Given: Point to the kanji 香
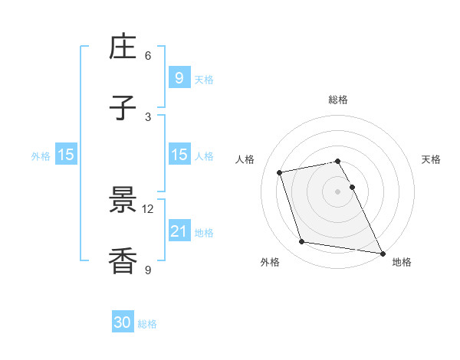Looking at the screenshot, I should (x=123, y=261).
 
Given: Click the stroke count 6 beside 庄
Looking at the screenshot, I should (x=148, y=55).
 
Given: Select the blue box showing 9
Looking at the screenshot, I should (x=179, y=77).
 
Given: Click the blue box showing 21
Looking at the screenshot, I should (x=179, y=231).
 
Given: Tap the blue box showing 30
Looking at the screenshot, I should (x=123, y=322).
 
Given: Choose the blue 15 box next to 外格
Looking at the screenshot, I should (x=66, y=155).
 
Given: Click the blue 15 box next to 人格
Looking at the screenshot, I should (x=179, y=155).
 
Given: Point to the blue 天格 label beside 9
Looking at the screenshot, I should (x=204, y=79).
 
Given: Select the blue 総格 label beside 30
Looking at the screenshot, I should (x=148, y=324).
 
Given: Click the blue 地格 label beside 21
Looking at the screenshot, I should (x=204, y=233).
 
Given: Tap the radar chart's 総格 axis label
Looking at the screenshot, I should (x=338, y=100).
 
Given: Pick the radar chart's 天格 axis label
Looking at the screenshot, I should (x=432, y=159).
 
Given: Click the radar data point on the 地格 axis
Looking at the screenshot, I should (x=382, y=253).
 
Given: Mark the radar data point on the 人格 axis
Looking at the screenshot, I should (x=280, y=172).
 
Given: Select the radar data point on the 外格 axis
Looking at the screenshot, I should (x=302, y=242).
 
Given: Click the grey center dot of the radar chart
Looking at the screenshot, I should (x=338, y=191).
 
